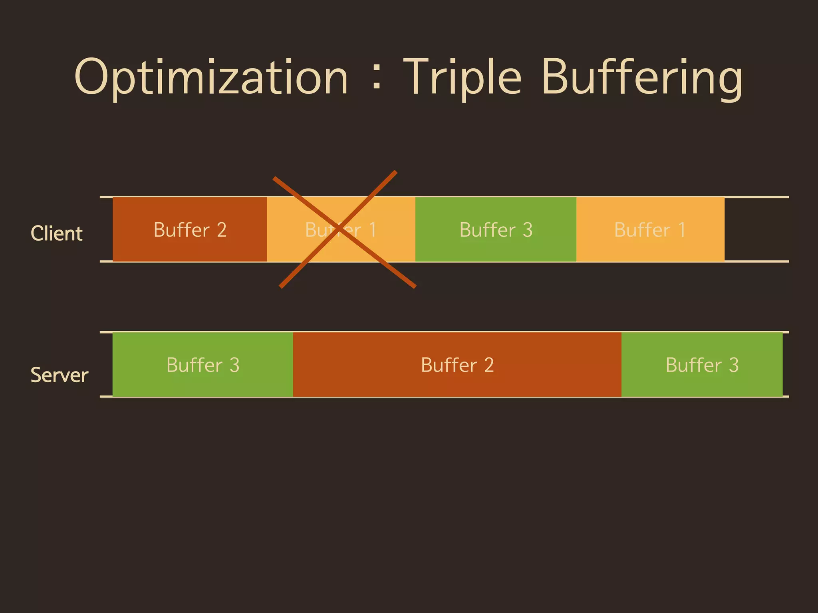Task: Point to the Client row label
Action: point(56,233)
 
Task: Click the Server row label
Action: point(59,375)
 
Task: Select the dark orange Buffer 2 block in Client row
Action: point(190,229)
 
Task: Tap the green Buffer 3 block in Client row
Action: point(496,229)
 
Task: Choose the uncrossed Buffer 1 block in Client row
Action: point(650,229)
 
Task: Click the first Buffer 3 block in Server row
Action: point(203,364)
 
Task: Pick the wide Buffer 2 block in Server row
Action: point(457,364)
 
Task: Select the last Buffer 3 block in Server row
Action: point(702,364)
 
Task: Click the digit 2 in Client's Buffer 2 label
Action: point(222,230)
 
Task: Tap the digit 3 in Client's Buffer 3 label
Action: point(528,230)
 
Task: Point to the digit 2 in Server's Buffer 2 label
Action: point(489,365)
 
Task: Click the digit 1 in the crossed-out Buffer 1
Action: point(372,230)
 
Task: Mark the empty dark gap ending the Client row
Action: point(756,229)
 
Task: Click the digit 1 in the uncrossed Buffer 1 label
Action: point(681,230)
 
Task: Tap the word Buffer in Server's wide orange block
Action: point(449,365)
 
